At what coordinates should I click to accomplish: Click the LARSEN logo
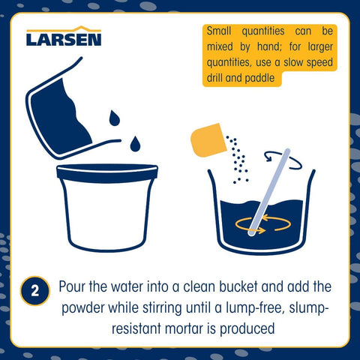point(64,36)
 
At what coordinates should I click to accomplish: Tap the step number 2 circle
point(35,291)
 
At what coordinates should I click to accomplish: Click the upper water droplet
point(114,118)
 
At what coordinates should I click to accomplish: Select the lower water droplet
point(135,144)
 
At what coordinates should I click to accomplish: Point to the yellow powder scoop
point(208,140)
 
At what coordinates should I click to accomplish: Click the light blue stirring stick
point(269,193)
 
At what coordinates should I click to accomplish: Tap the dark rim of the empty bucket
point(107,173)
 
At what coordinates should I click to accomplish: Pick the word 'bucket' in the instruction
point(238,286)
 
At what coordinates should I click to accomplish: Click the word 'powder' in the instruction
point(83,308)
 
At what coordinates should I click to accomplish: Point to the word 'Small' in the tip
point(219,31)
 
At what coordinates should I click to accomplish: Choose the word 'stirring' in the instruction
point(162,308)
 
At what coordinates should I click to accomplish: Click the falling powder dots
point(237,160)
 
